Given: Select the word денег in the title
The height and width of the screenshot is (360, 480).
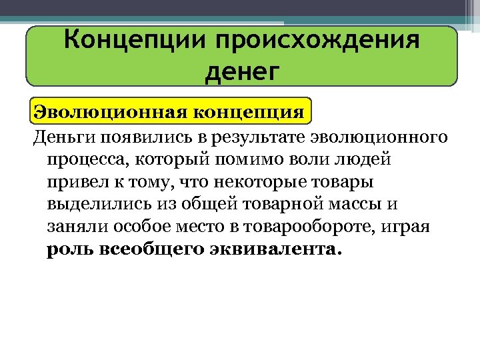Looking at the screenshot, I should (x=241, y=70).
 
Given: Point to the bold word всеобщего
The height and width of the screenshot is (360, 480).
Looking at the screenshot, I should (x=155, y=250).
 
